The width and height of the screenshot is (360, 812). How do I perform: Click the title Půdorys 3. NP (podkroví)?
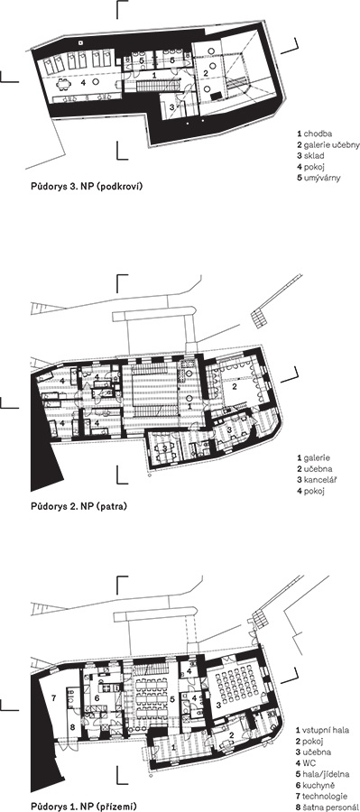click(x=87, y=185)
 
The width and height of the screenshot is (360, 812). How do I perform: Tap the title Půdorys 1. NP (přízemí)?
click(x=83, y=807)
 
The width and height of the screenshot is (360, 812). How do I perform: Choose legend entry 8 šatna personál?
click(x=328, y=807)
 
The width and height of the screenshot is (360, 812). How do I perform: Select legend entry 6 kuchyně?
click(x=317, y=785)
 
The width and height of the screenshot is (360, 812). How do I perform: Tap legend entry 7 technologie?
click(x=322, y=796)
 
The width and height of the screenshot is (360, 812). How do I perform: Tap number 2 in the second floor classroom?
click(x=234, y=386)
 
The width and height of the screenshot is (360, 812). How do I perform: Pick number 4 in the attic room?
click(x=81, y=81)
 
